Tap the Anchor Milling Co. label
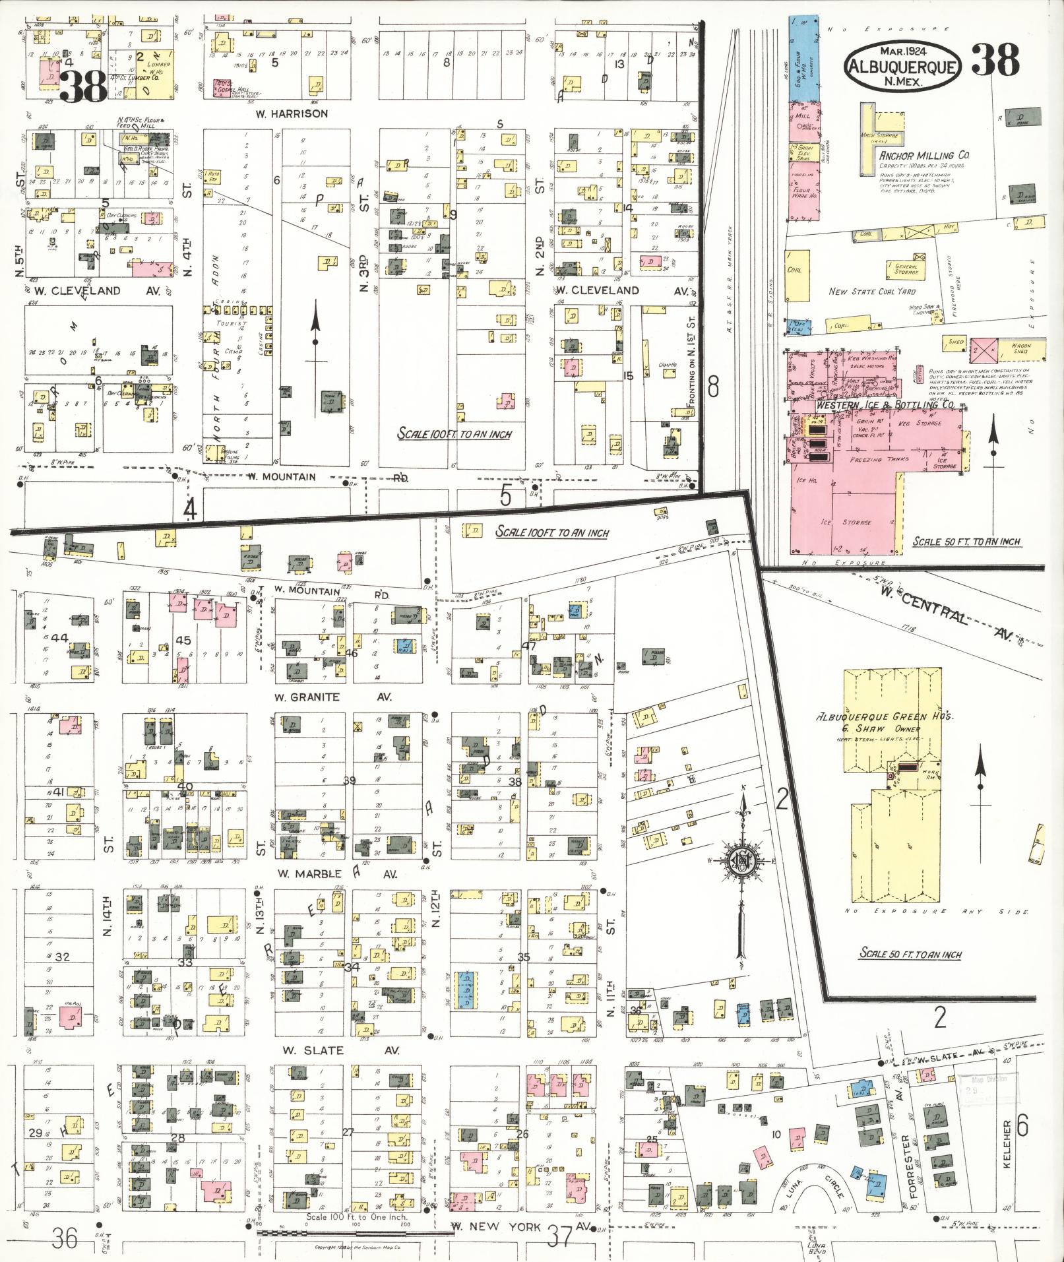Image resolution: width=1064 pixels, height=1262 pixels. click(923, 155)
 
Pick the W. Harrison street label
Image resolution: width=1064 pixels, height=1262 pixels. click(292, 113)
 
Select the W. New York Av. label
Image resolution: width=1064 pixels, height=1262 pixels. click(521, 1227)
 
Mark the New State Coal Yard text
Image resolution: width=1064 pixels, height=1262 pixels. click(872, 292)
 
